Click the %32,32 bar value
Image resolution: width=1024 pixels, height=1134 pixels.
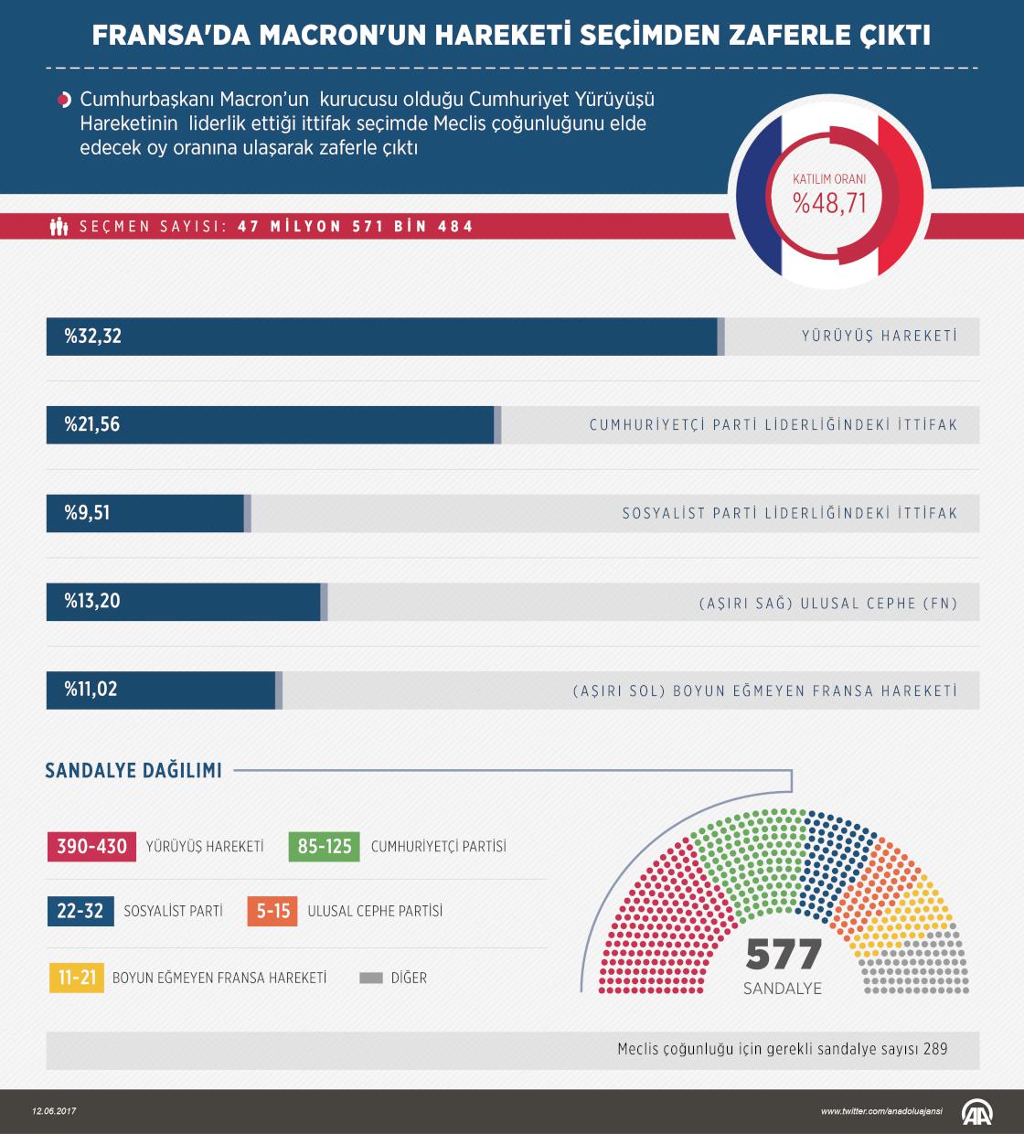click(92, 337)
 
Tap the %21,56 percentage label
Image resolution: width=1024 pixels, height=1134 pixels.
click(92, 425)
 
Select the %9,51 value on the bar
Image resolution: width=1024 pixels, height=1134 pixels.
click(87, 513)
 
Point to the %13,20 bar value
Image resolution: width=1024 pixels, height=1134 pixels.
click(92, 602)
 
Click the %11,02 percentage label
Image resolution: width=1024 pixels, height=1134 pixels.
click(91, 690)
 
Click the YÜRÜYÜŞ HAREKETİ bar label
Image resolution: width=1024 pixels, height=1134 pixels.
click(879, 337)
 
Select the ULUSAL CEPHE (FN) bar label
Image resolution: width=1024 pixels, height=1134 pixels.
click(827, 604)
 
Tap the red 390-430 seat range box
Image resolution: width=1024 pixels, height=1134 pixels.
click(91, 846)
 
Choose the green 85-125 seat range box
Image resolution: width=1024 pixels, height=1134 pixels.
click(325, 846)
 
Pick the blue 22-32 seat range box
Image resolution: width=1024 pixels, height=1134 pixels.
click(80, 912)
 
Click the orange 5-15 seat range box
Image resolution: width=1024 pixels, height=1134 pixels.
click(273, 912)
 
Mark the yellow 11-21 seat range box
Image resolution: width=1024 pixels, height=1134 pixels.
click(77, 978)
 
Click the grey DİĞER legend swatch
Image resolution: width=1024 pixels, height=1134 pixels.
click(371, 978)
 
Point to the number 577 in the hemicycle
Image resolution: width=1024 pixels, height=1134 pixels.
click(784, 956)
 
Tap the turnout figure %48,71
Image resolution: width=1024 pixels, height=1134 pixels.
click(829, 202)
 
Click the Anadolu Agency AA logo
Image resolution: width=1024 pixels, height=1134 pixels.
click(978, 1111)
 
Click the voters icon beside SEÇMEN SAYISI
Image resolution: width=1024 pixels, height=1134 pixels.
click(59, 226)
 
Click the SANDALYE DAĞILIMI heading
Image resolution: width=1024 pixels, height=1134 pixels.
click(133, 771)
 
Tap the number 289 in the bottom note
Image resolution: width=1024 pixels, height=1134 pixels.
click(935, 1049)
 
